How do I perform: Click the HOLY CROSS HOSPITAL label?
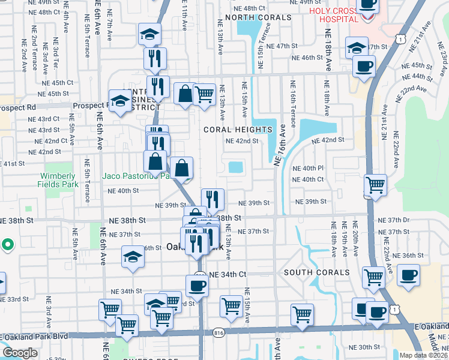[x=333, y=16]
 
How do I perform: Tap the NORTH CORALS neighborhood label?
[x=258, y=17]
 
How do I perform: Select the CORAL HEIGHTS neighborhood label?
[x=238, y=130]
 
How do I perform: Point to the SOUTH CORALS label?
[x=316, y=272]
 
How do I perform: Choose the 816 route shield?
[x=219, y=332]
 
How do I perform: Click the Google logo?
[x=20, y=353]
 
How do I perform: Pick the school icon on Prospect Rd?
[x=120, y=101]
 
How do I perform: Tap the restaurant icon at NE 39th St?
[x=212, y=199]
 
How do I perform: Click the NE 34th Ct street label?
[x=228, y=274]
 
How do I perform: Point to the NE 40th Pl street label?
[x=308, y=169]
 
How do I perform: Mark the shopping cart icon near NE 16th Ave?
[x=302, y=314]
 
